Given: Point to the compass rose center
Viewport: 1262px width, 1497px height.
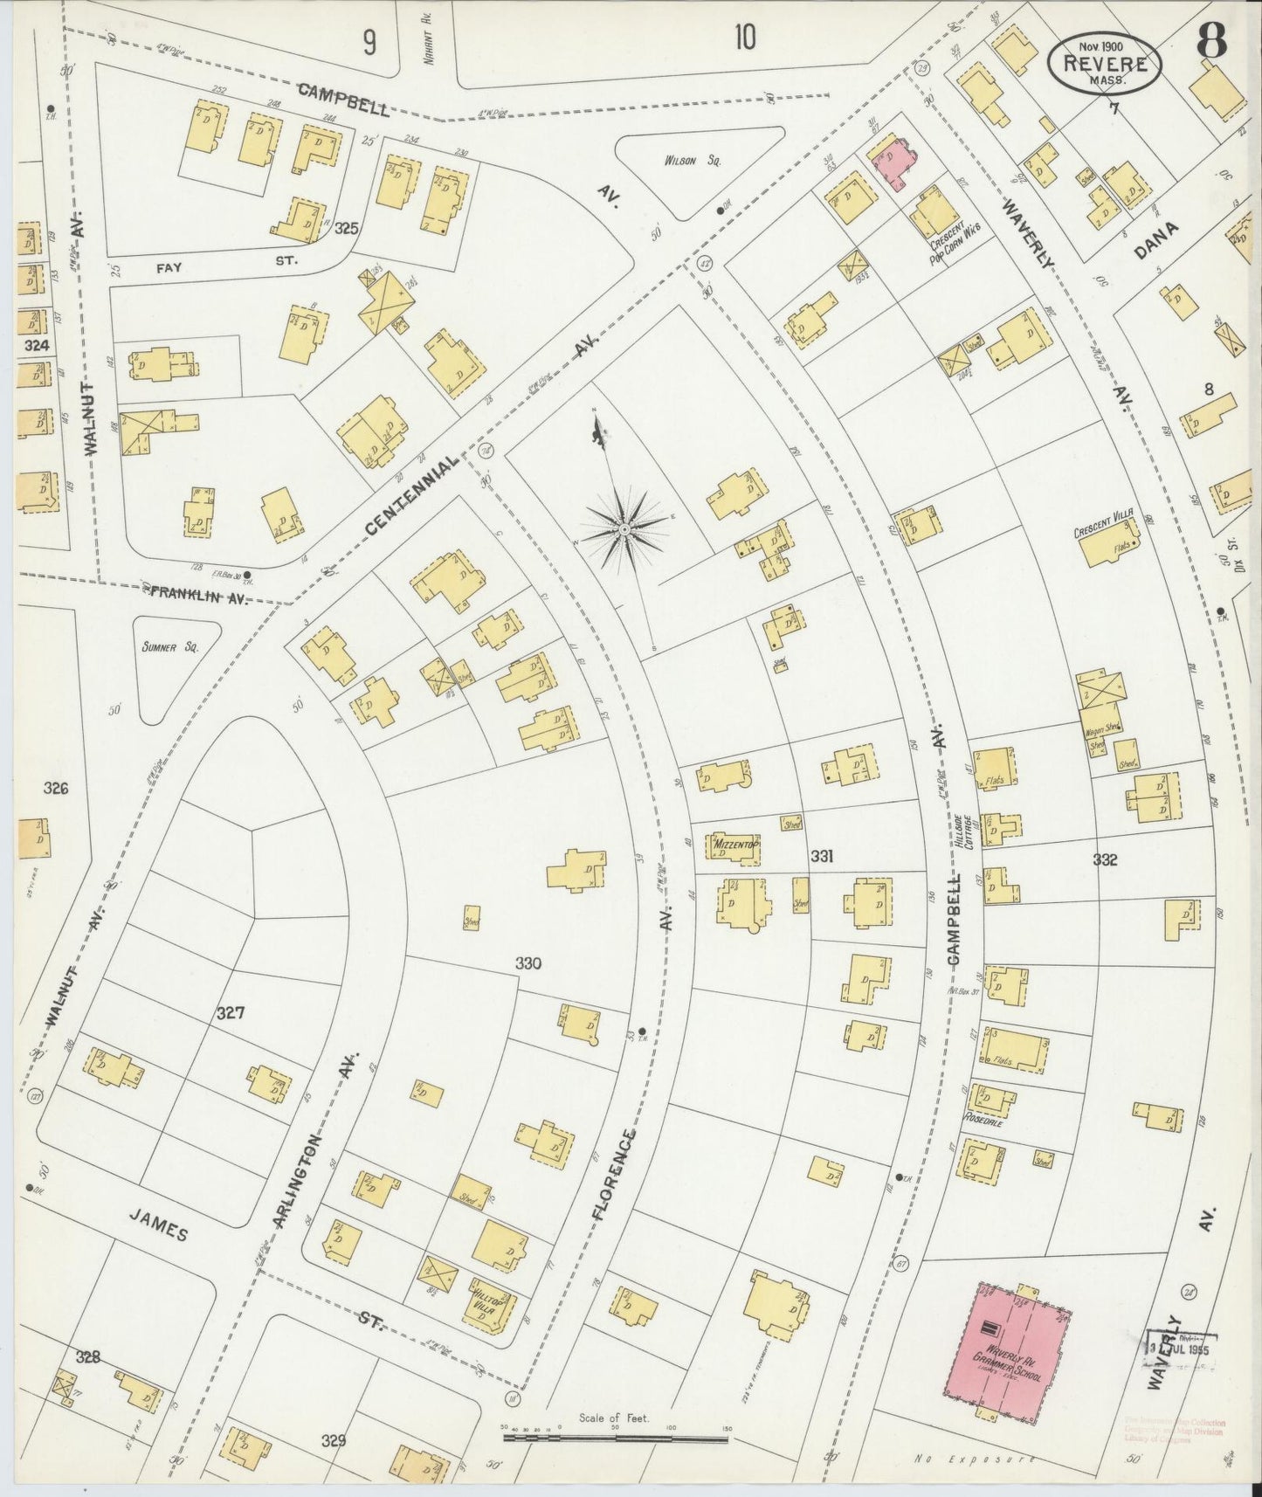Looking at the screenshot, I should (624, 529).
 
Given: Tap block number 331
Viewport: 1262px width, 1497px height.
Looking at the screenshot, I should (822, 858).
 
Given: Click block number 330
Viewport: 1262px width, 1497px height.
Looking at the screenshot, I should (528, 964).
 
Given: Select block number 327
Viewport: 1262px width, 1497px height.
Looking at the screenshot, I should (231, 1013).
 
